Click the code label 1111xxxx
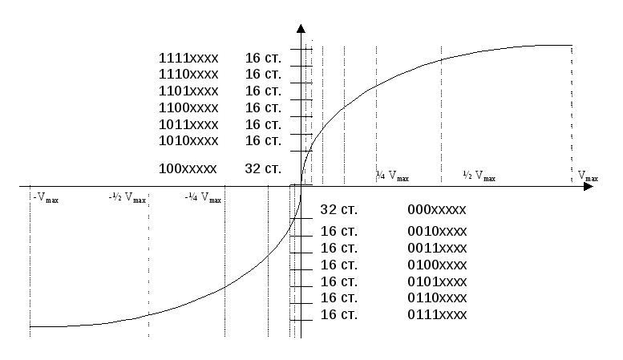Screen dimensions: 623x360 click(188, 58)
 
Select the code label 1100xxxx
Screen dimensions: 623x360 click(188, 107)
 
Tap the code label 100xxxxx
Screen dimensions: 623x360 click(188, 168)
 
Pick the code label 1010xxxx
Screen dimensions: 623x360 click(188, 140)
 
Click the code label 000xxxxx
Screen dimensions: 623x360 click(437, 209)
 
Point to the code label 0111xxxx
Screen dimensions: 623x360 click(437, 315)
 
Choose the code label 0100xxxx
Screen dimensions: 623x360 click(437, 265)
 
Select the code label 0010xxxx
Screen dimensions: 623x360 click(437, 231)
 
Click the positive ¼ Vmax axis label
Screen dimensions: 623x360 click(393, 176)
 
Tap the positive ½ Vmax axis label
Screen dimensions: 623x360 click(479, 176)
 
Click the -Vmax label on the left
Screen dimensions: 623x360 click(46, 197)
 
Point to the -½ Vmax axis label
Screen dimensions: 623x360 click(127, 197)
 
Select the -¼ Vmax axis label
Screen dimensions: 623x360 click(203, 197)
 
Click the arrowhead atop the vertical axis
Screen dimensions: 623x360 click(301, 29)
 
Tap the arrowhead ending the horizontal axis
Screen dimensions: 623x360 click(589, 186)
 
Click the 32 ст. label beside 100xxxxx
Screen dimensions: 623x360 click(263, 168)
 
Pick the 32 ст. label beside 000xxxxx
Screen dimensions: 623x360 click(339, 209)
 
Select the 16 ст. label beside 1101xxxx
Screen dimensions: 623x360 click(263, 91)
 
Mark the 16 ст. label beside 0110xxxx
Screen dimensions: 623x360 click(339, 297)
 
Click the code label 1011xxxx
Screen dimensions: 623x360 click(188, 125)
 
